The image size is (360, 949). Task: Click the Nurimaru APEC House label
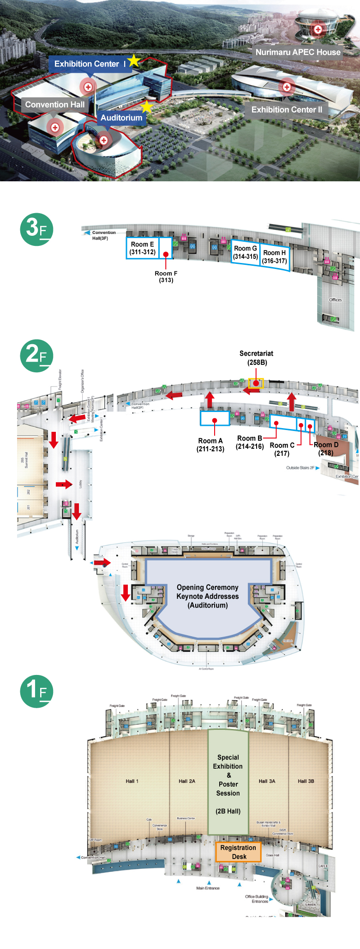(x=298, y=52)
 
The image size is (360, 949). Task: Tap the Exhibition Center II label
(x=287, y=110)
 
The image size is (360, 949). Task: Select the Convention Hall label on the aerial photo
(x=55, y=105)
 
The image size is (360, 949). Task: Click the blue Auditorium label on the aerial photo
(x=121, y=118)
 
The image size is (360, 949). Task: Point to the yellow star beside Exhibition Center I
(x=134, y=60)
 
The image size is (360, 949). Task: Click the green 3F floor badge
(x=36, y=229)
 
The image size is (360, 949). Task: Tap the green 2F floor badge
(x=36, y=356)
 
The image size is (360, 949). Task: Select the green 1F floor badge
(x=36, y=691)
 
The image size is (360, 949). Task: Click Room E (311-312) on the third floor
(x=142, y=248)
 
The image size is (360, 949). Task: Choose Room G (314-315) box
(x=245, y=252)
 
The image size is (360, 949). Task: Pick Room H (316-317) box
(x=275, y=257)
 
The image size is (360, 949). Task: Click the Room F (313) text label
(x=166, y=277)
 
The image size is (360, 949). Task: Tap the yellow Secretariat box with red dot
(x=256, y=383)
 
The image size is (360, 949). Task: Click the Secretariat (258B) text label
(x=256, y=358)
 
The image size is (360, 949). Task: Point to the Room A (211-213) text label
(x=210, y=445)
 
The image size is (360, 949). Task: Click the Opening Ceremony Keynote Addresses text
(x=208, y=596)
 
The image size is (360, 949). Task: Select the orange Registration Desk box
(x=238, y=852)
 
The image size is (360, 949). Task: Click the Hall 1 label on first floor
(x=132, y=781)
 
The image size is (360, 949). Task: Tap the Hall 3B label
(x=306, y=781)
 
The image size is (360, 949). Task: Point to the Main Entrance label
(x=208, y=888)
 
